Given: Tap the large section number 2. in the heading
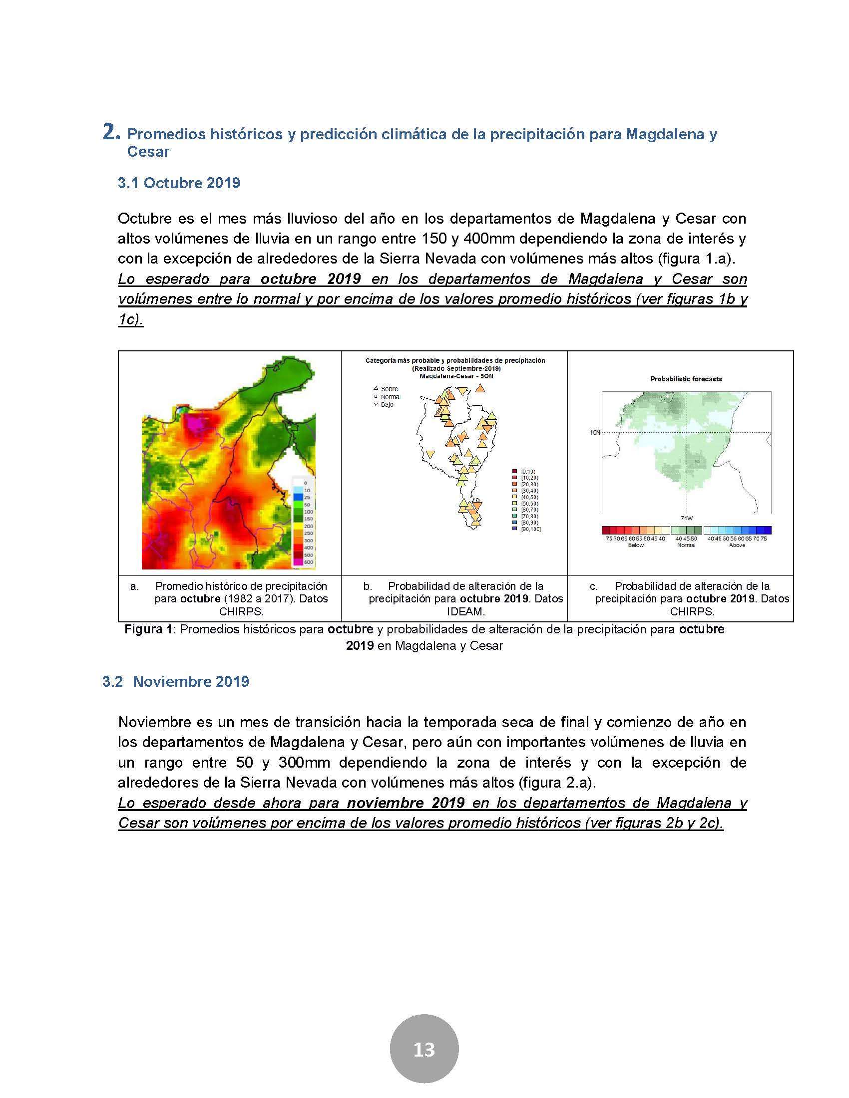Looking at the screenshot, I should [x=111, y=132].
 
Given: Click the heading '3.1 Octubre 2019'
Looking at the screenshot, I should [x=179, y=183].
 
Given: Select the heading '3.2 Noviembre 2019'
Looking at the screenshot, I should [x=175, y=682].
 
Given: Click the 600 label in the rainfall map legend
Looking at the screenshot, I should [x=308, y=562].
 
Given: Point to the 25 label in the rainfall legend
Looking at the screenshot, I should [x=308, y=497].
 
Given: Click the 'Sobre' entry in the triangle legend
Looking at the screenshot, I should [x=389, y=389].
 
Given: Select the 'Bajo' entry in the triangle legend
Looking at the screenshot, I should [x=387, y=404].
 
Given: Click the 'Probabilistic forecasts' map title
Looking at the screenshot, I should [x=686, y=379].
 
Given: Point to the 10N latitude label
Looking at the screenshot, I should [x=595, y=432].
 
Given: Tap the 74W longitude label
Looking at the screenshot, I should [x=686, y=519].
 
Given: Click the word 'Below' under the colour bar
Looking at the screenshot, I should [x=636, y=545].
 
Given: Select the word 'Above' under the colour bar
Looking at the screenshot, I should [x=737, y=545].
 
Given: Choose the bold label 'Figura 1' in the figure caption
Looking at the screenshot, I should [x=148, y=629].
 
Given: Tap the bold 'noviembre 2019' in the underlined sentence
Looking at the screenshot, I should [x=406, y=803].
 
